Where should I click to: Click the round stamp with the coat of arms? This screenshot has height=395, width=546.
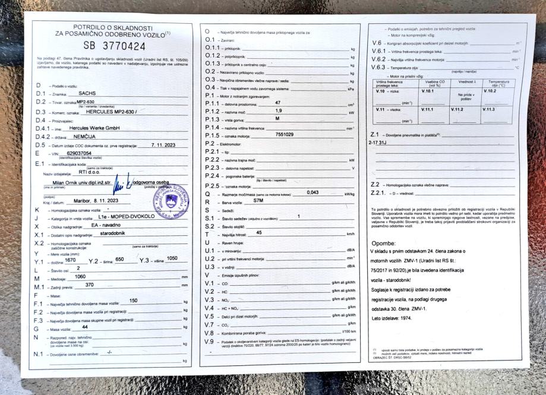pyautogui.click(x=171, y=202)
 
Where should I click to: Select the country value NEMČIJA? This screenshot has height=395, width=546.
pyautogui.click(x=81, y=136)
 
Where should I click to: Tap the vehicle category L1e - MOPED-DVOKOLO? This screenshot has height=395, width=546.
pyautogui.click(x=127, y=217)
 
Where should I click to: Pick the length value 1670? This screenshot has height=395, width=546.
pyautogui.click(x=70, y=260)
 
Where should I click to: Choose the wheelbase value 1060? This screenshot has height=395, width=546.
pyautogui.click(x=77, y=277)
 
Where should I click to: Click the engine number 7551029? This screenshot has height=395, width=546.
pyautogui.click(x=285, y=135)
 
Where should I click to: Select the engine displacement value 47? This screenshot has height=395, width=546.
pyautogui.click(x=278, y=103)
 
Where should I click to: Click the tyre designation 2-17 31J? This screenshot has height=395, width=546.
pyautogui.click(x=378, y=143)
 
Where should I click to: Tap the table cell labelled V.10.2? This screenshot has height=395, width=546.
pyautogui.click(x=490, y=91)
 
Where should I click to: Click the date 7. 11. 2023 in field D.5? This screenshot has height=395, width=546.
pyautogui.click(x=164, y=144)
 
